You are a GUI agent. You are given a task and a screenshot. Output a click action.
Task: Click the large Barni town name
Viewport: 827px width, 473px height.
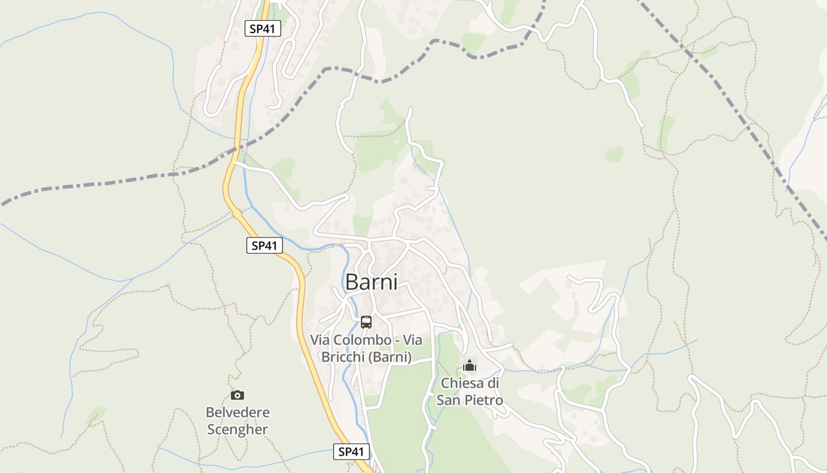pos(371,282)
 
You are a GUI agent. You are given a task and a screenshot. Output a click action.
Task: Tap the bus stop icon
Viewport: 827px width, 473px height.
pos(366,322)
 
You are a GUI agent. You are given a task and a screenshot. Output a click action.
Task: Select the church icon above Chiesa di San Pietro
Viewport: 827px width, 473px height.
pos(470,365)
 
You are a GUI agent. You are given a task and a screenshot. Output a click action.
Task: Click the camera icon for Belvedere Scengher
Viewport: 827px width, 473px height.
pos(237,395)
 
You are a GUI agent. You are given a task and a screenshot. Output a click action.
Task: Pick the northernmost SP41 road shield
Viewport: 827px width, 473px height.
pos(262,28)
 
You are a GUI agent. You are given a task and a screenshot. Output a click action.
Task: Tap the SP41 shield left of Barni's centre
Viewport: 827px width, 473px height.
pos(264,245)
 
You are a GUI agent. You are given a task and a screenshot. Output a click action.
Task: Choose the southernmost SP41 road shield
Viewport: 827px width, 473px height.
pos(351,452)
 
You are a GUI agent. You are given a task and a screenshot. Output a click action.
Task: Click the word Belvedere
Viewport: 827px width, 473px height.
pos(237,412)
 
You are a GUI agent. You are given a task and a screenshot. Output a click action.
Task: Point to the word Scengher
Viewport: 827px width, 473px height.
pos(237,429)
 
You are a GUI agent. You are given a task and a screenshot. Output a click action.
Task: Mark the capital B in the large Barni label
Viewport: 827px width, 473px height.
pos(352,282)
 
